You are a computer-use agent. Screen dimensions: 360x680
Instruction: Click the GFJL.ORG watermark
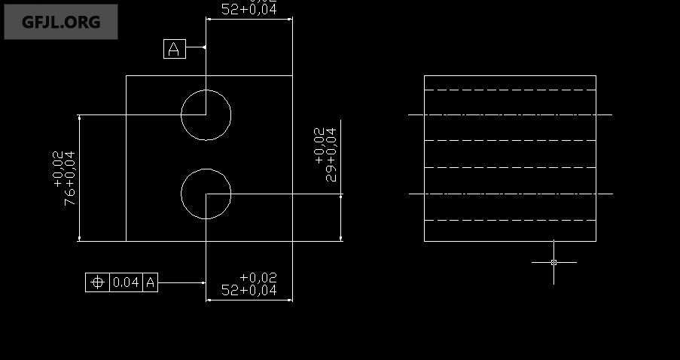point(61,22)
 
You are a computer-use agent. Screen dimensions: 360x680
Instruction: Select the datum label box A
point(174,49)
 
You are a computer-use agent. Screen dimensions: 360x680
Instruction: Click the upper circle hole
point(206,115)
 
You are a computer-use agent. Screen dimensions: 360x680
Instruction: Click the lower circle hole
point(206,194)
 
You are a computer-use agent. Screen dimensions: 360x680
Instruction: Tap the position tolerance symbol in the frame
point(97,282)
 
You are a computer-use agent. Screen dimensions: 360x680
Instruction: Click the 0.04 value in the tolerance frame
point(126,282)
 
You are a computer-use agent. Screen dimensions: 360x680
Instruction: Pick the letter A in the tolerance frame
point(151,282)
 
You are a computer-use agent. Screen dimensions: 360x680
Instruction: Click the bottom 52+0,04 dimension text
point(249,290)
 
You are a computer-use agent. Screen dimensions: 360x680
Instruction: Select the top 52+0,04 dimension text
point(249,10)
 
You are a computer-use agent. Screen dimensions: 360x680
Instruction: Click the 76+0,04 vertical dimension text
point(70,178)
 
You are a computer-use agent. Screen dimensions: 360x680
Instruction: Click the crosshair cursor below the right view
point(553,262)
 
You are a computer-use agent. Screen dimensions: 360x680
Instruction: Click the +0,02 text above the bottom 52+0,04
point(258,278)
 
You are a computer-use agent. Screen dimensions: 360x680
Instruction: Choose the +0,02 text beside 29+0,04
point(319,145)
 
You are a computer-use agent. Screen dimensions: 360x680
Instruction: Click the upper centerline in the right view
point(510,115)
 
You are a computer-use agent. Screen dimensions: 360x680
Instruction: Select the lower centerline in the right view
point(510,194)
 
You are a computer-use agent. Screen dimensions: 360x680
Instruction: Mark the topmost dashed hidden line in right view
point(510,90)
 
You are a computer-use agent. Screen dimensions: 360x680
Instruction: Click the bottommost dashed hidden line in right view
point(510,221)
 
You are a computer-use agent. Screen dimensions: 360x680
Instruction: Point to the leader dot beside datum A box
point(205,49)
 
